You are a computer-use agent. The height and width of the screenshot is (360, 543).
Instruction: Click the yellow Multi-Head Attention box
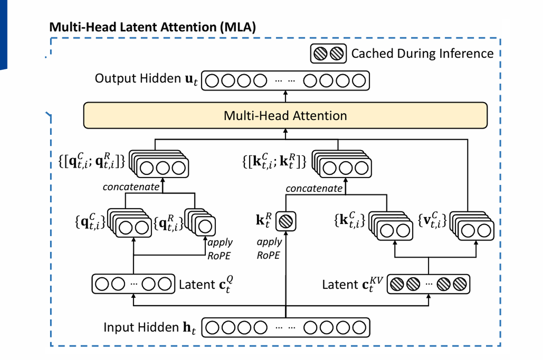pyautogui.click(x=286, y=116)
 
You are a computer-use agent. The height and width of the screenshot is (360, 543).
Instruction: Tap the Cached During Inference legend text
pyautogui.click(x=422, y=54)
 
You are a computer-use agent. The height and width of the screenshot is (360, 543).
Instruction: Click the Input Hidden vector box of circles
pyautogui.click(x=286, y=328)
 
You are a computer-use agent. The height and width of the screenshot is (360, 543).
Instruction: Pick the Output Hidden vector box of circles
pyautogui.click(x=286, y=81)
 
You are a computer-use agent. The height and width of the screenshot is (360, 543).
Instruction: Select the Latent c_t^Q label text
pyautogui.click(x=205, y=285)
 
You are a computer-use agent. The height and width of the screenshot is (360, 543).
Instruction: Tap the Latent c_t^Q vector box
pyautogui.click(x=133, y=284)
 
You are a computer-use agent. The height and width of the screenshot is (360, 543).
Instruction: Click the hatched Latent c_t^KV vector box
pyautogui.click(x=428, y=284)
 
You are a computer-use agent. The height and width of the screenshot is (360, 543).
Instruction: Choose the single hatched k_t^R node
pyautogui.click(x=286, y=221)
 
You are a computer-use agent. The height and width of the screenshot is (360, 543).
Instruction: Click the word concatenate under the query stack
pyautogui.click(x=131, y=187)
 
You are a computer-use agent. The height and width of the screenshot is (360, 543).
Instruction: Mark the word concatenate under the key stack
pyautogui.click(x=314, y=189)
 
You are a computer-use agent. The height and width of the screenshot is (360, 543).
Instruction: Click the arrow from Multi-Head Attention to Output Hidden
pyautogui.click(x=286, y=97)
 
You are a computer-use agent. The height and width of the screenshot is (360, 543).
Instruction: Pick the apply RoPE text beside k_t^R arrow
pyautogui.click(x=270, y=248)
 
